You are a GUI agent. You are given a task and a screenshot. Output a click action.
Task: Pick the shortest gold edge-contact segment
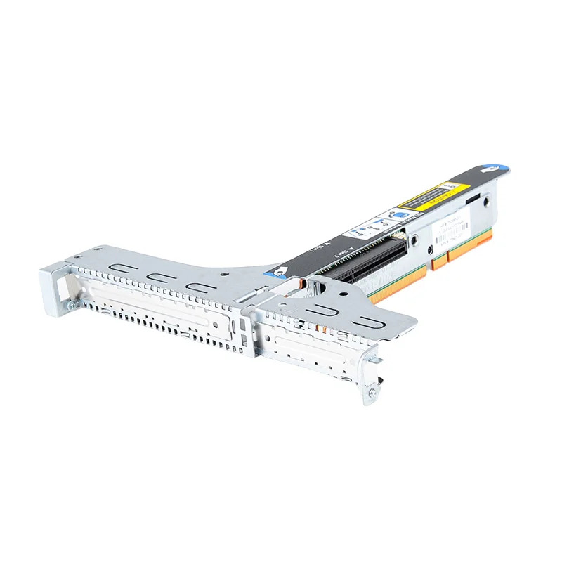pos(439,261)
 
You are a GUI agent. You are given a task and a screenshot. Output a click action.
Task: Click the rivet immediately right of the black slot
pos(414,241)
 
